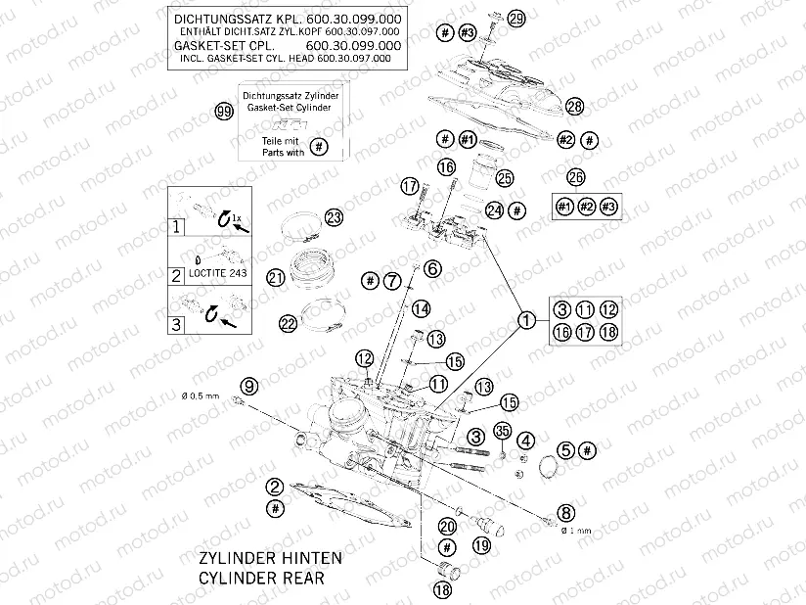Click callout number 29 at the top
[x=515, y=19]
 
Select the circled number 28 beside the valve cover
[x=574, y=106]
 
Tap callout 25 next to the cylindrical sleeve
[x=505, y=178]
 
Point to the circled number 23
[x=335, y=218]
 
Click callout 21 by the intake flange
[x=276, y=279]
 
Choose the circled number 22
[x=288, y=323]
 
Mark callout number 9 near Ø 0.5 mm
[x=248, y=385]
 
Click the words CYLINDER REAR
[x=260, y=578]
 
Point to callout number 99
[x=224, y=112]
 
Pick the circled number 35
[x=503, y=431]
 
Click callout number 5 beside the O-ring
[x=565, y=449]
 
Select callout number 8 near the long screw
[x=566, y=511]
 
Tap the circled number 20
[x=447, y=526]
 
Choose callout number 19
[x=480, y=544]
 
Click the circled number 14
[x=420, y=309]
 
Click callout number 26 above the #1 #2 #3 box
[x=576, y=177]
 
